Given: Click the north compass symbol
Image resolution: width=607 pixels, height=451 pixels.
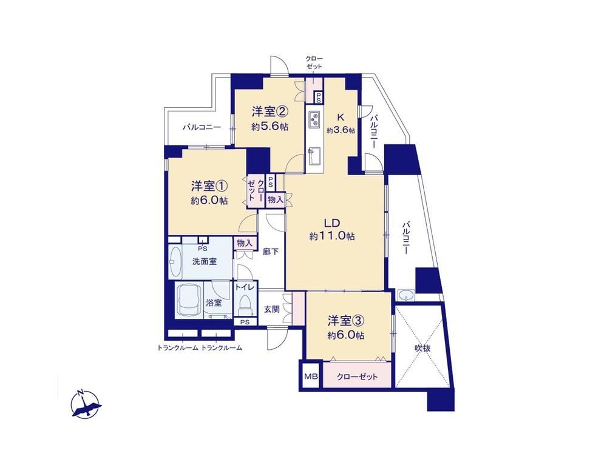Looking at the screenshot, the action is tap(86, 404).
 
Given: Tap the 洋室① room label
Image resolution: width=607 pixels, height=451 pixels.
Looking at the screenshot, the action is tap(209, 186).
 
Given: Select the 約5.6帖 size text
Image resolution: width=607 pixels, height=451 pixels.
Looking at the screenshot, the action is tap(270, 126).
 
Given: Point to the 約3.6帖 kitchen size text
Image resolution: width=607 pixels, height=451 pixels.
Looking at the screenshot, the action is tap(341, 130).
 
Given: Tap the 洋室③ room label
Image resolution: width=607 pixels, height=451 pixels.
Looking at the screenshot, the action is tap(346, 321).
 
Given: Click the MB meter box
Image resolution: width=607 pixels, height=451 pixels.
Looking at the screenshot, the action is tap(310, 376).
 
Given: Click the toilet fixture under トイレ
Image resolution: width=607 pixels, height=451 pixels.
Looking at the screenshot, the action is tap(245, 303).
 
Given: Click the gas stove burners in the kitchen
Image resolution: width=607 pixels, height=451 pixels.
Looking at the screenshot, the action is tap(314, 119).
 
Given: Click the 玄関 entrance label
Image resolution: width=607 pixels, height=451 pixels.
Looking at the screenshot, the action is tap(272, 310).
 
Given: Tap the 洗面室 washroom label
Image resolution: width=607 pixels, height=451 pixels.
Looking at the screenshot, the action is tap(205, 262).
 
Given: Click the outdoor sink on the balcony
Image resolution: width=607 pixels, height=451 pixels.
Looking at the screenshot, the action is tap(405, 295).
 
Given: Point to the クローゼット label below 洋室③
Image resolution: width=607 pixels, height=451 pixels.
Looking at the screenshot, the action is tap(357, 376).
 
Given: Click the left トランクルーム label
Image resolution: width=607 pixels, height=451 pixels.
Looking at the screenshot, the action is tap(178, 348).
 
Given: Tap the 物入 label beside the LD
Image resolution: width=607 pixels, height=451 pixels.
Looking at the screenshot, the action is tap(275, 200).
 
